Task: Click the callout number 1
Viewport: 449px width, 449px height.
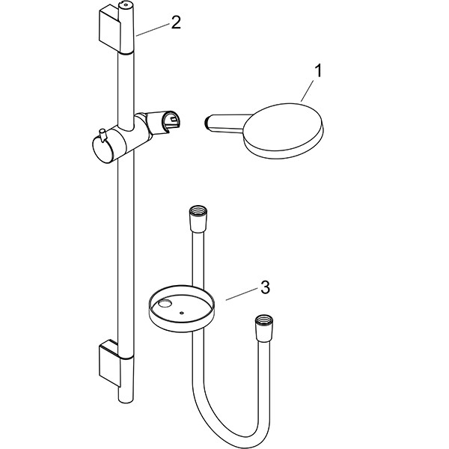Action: click(x=318, y=71)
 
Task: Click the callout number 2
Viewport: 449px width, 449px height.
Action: click(x=176, y=22)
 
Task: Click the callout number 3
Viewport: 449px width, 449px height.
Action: click(x=265, y=287)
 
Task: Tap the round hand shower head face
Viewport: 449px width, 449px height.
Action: click(x=283, y=127)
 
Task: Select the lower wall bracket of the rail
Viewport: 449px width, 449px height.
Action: click(x=109, y=363)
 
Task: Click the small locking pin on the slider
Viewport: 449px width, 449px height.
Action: click(x=102, y=134)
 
